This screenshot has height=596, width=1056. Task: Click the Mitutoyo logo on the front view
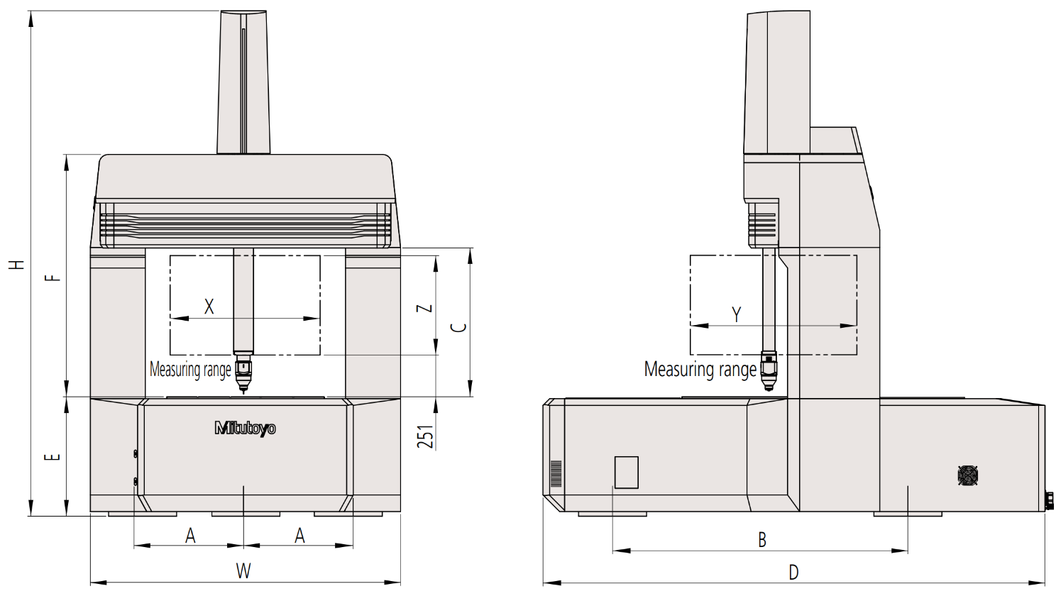[x=245, y=428]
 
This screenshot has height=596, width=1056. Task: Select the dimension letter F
[x=52, y=276]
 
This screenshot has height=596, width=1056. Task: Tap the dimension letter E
[x=52, y=456]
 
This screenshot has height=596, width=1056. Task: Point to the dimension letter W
[x=243, y=571]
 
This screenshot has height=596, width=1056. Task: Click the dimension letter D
[x=793, y=572]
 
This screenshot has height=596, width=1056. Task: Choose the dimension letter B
[x=762, y=540]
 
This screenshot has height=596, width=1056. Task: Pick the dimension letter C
[x=459, y=327]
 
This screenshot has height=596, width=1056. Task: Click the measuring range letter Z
[x=424, y=309]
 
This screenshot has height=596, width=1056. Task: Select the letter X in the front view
[x=209, y=307]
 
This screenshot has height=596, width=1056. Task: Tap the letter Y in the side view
[x=737, y=314]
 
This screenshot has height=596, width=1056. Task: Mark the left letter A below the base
[x=190, y=536]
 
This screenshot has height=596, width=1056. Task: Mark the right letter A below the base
[x=299, y=536]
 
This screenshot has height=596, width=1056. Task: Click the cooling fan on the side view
[x=967, y=475]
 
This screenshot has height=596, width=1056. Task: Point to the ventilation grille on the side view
[x=556, y=473]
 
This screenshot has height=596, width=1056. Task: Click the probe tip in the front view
[x=243, y=388]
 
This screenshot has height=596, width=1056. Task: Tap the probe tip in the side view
[x=769, y=387]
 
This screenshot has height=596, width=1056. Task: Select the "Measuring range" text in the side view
[x=700, y=370]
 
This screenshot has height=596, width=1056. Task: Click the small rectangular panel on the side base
[x=626, y=472]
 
